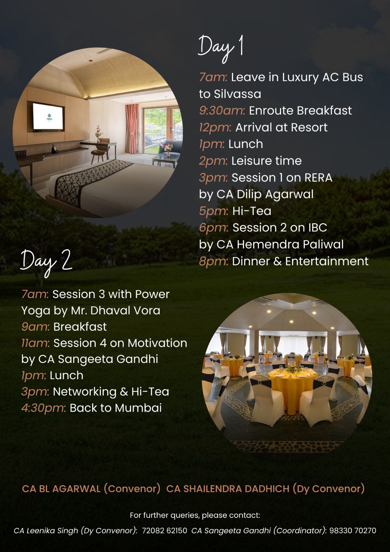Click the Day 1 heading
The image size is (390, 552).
pos(221,49)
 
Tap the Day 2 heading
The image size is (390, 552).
pos(46,263)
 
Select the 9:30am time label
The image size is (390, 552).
pos(222,111)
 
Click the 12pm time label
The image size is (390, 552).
pos(215,128)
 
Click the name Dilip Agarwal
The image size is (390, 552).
pos(275,195)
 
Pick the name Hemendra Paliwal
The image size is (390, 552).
pos(290,245)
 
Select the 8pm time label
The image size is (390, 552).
pos(213,262)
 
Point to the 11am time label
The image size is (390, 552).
pos(36,343)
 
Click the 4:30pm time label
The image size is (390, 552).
pos(43,408)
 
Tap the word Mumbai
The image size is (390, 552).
pos(138,408)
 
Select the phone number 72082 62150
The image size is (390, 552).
pos(164,530)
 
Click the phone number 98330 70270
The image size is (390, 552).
pos(352,530)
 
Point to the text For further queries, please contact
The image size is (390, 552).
pos(195,515)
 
